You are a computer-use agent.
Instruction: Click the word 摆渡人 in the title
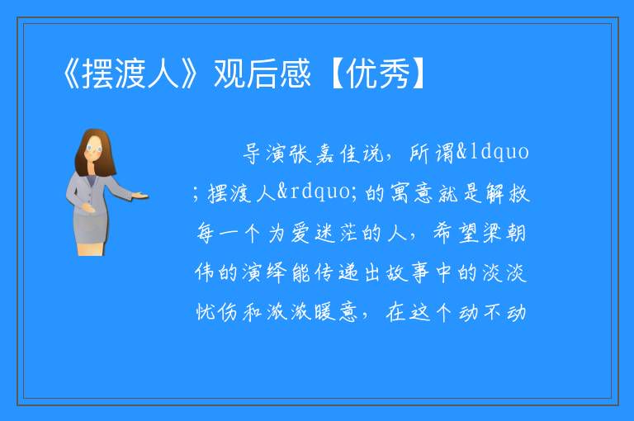(130, 73)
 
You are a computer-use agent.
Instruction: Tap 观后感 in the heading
(262, 73)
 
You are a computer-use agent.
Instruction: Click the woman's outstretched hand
(140, 196)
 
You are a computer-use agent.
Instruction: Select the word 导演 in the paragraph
(265, 154)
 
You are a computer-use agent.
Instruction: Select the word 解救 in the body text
(508, 193)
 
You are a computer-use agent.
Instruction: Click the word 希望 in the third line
(456, 233)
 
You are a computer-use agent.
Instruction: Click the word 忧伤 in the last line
(217, 312)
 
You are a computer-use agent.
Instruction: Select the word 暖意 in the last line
(337, 312)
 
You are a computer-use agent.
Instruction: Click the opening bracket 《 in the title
(71, 73)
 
